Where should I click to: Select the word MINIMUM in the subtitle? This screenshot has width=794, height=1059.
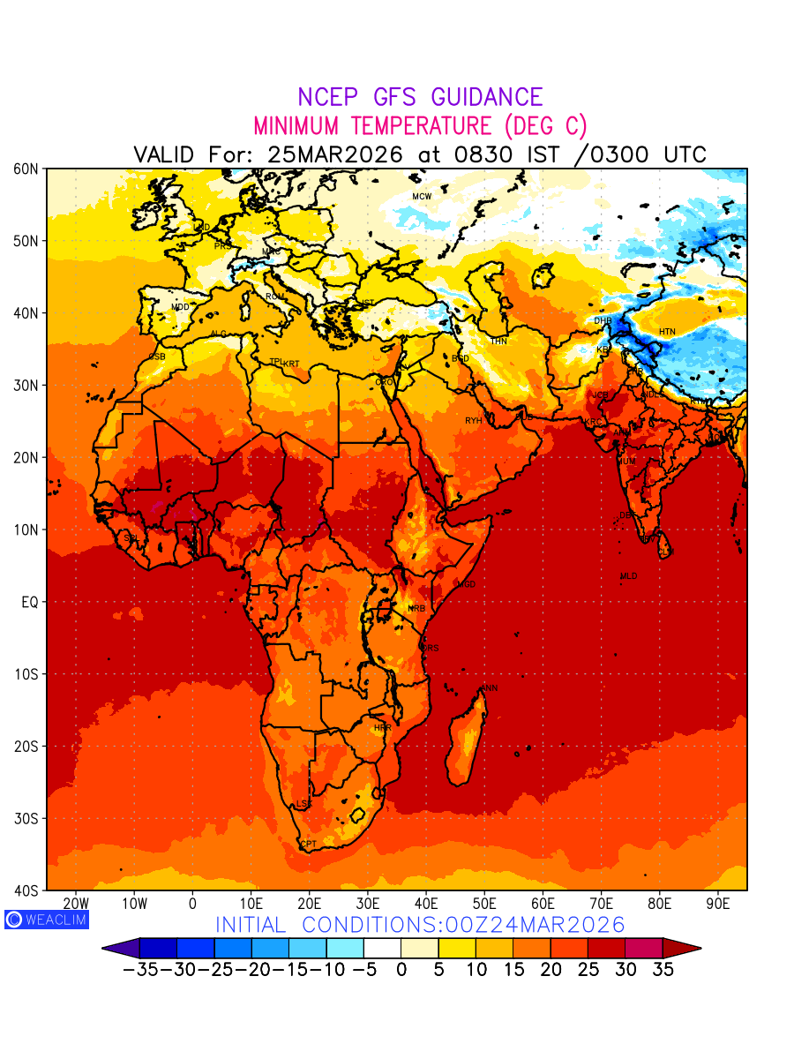[x=296, y=125]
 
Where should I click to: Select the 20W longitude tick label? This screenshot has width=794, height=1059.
[x=77, y=904]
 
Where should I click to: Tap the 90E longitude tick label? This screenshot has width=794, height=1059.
[x=718, y=904]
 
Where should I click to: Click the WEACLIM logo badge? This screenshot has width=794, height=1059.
[x=46, y=919]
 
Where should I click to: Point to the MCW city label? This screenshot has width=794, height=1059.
[x=422, y=196]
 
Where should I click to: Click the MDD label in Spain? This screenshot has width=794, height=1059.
[x=180, y=307]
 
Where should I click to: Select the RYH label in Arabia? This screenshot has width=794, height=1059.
[x=474, y=421]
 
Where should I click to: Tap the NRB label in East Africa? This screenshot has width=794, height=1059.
[x=416, y=609]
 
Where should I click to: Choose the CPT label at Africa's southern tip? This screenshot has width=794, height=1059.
[x=308, y=845]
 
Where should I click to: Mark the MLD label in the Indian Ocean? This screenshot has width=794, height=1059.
[x=628, y=576]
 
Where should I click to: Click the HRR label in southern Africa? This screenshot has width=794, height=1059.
[x=383, y=728]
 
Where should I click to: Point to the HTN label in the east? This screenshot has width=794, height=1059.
[x=667, y=332]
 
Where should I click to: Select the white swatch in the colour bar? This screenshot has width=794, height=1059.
[x=382, y=949]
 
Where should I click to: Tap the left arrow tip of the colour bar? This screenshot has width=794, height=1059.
[x=104, y=949]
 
